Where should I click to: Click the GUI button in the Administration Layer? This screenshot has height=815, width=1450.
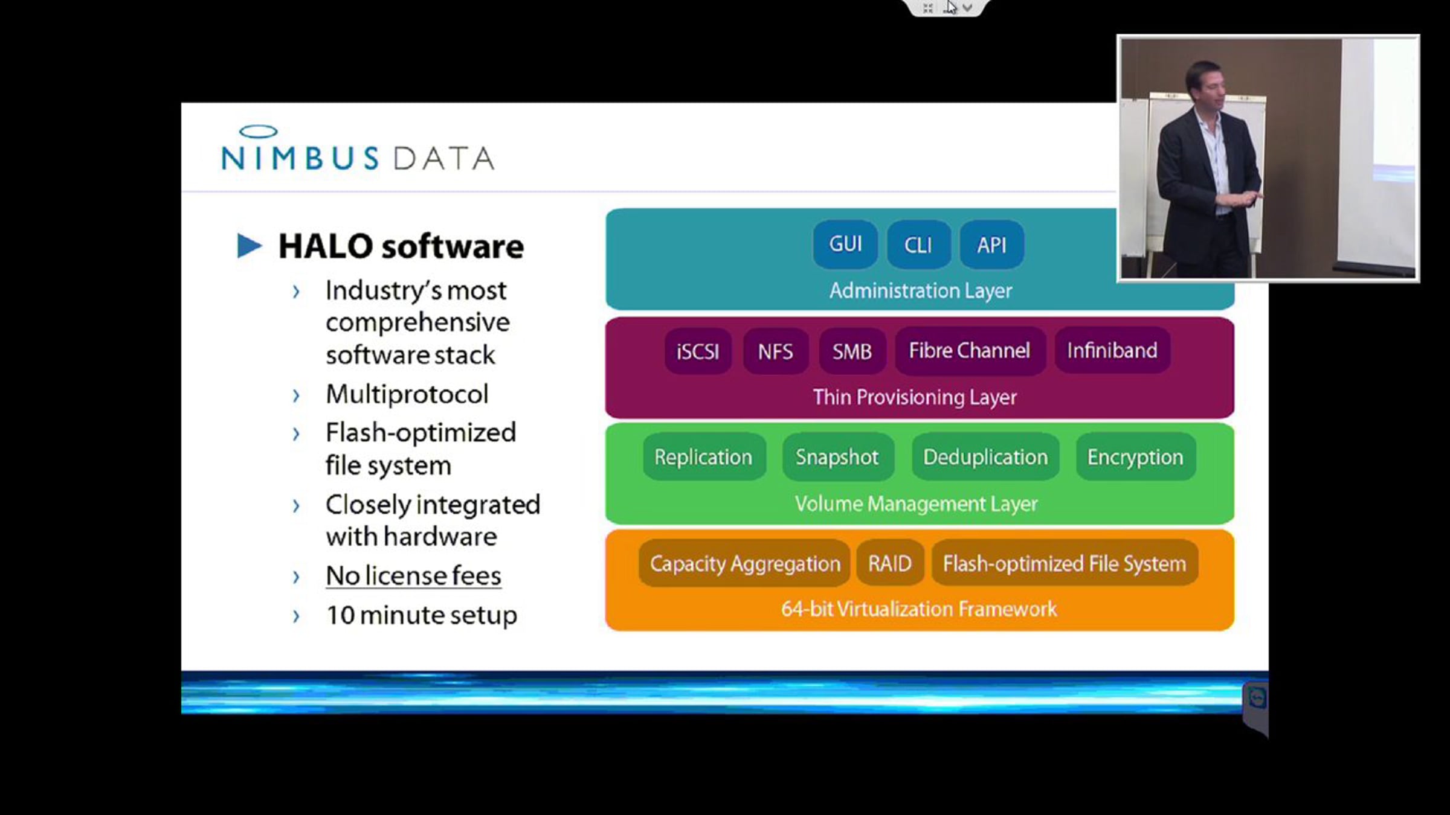click(845, 245)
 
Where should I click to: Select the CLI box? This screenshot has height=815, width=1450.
click(918, 245)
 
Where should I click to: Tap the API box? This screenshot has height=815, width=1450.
click(991, 245)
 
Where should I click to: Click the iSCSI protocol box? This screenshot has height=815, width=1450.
click(698, 351)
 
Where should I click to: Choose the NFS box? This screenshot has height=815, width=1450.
click(775, 351)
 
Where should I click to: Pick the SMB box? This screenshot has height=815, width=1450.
click(852, 351)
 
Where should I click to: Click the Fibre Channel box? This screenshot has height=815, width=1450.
click(970, 350)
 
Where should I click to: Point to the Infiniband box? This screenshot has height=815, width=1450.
click(1112, 350)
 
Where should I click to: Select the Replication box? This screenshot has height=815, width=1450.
click(704, 457)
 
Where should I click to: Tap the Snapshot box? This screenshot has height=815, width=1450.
click(837, 457)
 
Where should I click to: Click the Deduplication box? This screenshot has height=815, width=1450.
click(985, 457)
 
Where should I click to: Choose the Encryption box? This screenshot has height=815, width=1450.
click(1135, 457)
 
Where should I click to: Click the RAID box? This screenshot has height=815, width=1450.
click(890, 563)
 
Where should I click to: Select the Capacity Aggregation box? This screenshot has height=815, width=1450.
click(745, 563)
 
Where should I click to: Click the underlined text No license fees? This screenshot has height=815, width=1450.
click(414, 576)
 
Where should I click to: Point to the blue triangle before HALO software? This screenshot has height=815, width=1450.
click(248, 246)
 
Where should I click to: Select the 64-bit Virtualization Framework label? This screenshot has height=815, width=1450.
click(919, 609)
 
